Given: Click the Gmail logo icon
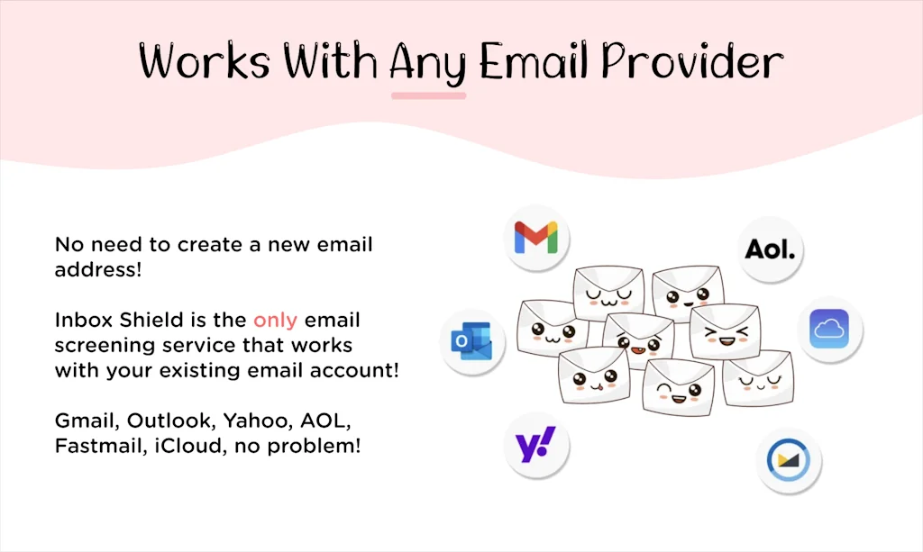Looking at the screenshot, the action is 535,238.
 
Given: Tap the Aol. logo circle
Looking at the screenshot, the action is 770,249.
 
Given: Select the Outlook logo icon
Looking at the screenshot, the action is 471,341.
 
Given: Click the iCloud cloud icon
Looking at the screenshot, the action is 829,330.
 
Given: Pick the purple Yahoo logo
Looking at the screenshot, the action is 535,445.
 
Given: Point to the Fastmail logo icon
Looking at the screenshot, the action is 788,460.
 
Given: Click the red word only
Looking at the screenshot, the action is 275,321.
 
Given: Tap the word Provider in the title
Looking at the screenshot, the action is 691,61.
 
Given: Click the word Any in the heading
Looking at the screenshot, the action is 428,64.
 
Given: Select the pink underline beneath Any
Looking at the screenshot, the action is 428,95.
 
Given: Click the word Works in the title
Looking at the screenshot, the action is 205,60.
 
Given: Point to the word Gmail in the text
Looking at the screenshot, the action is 87,421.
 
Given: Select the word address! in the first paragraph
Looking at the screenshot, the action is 98,270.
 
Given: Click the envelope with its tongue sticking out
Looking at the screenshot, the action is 593,376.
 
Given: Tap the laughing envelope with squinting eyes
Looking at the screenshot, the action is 726,331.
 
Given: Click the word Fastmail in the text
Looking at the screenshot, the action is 101,446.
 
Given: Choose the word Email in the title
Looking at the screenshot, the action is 534,61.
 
